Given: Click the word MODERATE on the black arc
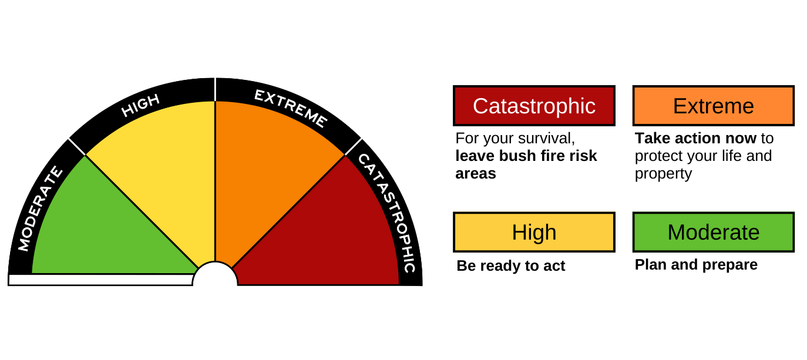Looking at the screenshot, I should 40,208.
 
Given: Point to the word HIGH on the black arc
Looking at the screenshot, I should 140,106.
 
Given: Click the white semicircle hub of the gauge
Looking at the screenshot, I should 215,276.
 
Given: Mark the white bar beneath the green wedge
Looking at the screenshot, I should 100,280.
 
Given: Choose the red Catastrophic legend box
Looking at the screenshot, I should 534,106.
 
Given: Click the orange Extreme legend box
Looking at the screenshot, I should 713,106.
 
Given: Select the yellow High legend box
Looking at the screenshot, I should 534,232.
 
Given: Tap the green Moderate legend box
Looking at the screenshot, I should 713,232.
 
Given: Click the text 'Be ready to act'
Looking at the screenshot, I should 510,266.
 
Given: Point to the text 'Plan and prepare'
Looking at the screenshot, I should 696,265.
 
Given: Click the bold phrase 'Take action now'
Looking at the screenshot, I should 695,139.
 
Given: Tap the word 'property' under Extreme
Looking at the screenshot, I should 663,174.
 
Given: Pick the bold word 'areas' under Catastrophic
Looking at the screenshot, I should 476,174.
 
